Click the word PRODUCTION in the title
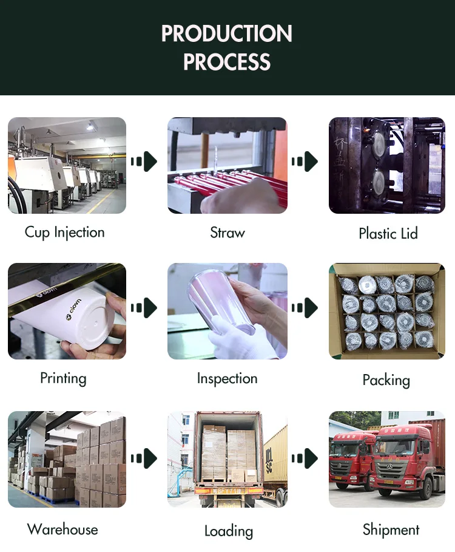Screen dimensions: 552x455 227,33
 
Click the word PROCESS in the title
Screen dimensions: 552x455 227,62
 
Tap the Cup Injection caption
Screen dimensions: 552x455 65,233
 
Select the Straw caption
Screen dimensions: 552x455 227,233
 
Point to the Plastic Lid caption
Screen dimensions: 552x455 388,233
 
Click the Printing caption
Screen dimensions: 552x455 63,378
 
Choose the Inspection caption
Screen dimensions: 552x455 227,378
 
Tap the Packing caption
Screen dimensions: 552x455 386,380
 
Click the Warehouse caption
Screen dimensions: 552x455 62,529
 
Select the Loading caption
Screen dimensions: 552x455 228,531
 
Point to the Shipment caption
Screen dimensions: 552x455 391,529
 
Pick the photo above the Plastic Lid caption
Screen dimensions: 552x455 387,165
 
